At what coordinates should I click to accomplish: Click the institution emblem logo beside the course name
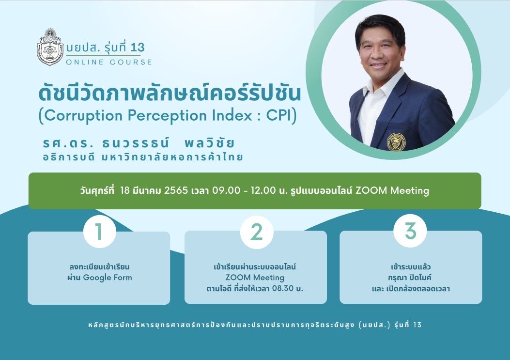pyautogui.click(x=50, y=47)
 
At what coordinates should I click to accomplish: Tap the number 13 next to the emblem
pyautogui.click(x=138, y=47)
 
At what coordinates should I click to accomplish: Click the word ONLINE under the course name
pyautogui.click(x=85, y=62)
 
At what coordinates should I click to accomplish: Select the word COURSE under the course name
pyautogui.click(x=131, y=62)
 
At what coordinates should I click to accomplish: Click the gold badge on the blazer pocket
pyautogui.click(x=396, y=141)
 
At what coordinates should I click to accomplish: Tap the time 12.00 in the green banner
pyautogui.click(x=263, y=190)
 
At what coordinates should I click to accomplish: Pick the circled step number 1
pyautogui.click(x=99, y=232)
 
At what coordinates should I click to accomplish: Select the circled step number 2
pyautogui.click(x=257, y=232)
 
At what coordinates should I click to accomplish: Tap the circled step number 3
pyautogui.click(x=410, y=231)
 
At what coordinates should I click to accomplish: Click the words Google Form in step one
pyautogui.click(x=108, y=278)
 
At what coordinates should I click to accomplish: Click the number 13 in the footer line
pyautogui.click(x=417, y=325)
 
